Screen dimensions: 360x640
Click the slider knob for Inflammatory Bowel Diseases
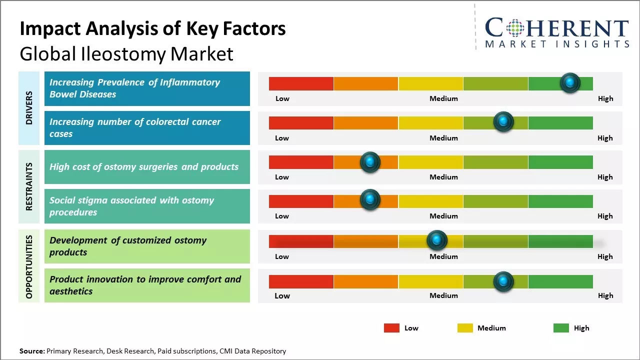click(x=570, y=83)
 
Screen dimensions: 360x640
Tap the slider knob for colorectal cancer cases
click(x=503, y=122)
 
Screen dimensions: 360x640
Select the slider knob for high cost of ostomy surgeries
click(x=370, y=162)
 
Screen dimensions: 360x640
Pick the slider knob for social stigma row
click(x=370, y=200)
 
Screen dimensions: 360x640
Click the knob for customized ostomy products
click(x=437, y=240)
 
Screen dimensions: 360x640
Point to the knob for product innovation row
click(x=503, y=281)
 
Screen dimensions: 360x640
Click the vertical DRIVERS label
click(x=29, y=107)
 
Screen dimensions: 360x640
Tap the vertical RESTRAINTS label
click(x=29, y=186)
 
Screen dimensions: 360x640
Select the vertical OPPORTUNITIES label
click(x=29, y=266)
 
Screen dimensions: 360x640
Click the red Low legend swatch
click(x=391, y=328)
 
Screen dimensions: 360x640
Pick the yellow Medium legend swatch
click(x=465, y=328)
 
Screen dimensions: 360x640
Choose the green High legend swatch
click(x=561, y=328)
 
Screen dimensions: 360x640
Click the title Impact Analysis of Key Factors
click(x=152, y=29)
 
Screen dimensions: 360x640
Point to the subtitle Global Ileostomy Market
click(x=126, y=53)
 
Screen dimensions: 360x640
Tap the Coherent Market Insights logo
click(x=557, y=32)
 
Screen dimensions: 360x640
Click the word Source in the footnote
click(x=32, y=351)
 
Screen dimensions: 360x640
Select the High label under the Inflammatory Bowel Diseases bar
click(x=605, y=98)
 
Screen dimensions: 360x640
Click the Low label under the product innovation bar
click(x=282, y=295)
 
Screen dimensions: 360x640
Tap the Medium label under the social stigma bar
click(x=443, y=216)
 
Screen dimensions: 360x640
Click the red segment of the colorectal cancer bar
click(x=301, y=123)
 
